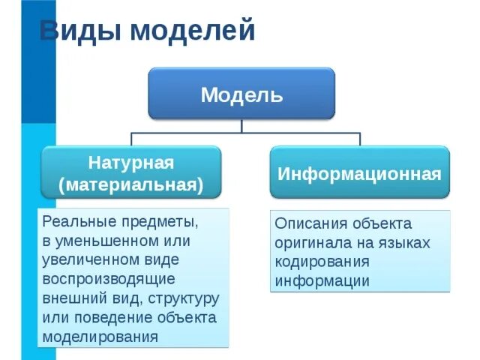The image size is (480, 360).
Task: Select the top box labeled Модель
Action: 241,95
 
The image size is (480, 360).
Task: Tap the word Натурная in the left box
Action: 131,163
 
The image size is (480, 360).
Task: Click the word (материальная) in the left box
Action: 131,184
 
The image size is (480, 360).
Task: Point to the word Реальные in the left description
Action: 73,223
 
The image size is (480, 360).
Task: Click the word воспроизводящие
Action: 109,279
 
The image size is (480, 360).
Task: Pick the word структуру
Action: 184,298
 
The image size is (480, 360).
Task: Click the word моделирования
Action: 100,336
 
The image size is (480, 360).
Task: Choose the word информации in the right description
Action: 322,281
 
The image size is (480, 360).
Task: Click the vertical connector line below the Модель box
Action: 241,126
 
